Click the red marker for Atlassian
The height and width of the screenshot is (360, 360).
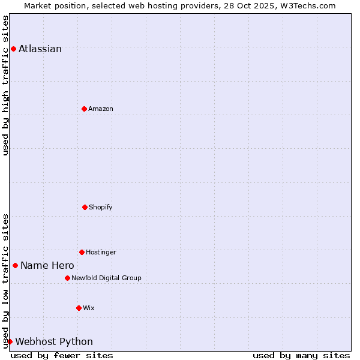click(x=13, y=49)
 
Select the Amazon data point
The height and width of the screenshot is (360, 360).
click(x=84, y=109)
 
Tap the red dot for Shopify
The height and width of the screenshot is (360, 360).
click(x=85, y=207)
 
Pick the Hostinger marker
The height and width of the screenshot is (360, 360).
click(x=82, y=252)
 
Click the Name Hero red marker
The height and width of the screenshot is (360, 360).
click(x=15, y=265)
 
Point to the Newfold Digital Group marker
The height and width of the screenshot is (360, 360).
click(x=67, y=278)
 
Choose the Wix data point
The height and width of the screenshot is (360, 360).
click(x=79, y=308)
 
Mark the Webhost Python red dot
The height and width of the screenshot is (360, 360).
click(x=10, y=341)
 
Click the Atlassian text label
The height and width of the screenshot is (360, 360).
click(x=40, y=49)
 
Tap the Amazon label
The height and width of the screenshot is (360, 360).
click(x=101, y=109)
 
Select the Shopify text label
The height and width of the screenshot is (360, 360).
click(x=101, y=207)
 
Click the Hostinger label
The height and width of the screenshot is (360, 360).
click(x=101, y=252)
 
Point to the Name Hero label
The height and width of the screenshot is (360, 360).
click(x=47, y=265)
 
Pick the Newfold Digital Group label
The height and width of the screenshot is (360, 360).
click(x=106, y=278)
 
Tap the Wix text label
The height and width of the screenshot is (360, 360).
click(x=89, y=308)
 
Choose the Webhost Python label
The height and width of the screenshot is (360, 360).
click(x=54, y=341)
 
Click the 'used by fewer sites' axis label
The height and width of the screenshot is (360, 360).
click(x=62, y=355)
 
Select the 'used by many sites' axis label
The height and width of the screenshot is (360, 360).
click(x=301, y=355)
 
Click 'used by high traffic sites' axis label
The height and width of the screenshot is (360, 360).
click(x=5, y=85)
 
